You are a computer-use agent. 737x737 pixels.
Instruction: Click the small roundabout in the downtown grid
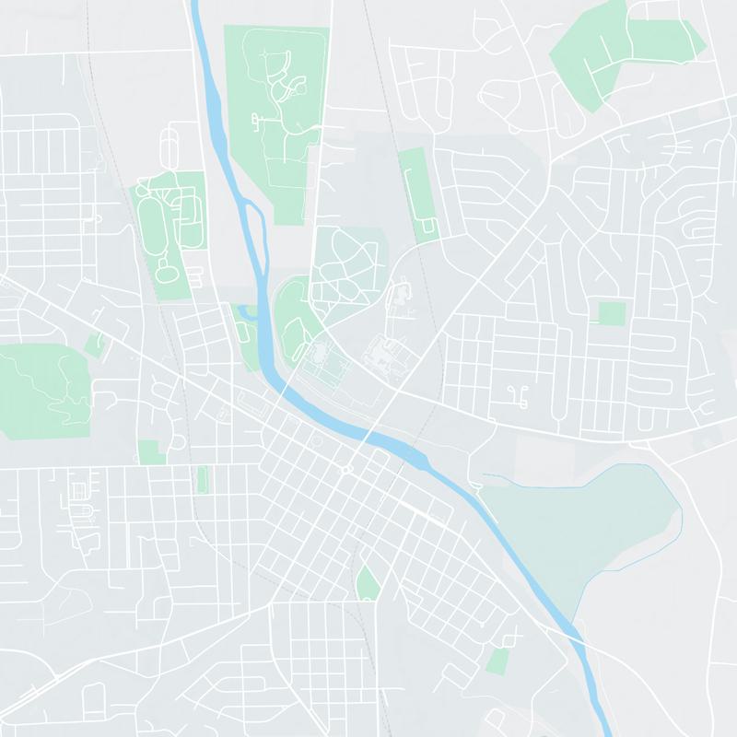click(x=346, y=469)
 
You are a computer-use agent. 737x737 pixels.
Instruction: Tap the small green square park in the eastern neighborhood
click(x=611, y=313)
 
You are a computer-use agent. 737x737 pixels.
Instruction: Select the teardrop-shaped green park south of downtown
click(x=368, y=583)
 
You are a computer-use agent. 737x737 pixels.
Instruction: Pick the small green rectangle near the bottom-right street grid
click(x=497, y=661)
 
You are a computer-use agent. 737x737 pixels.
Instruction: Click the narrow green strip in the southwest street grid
click(x=202, y=479)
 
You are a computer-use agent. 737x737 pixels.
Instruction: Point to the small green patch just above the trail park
click(x=93, y=345)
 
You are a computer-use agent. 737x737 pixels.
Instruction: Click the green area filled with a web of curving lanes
click(x=345, y=263)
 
